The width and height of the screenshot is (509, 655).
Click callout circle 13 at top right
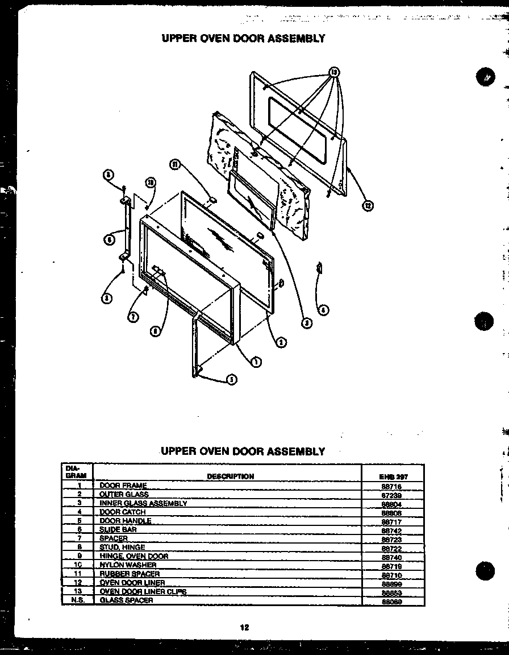click(335, 72)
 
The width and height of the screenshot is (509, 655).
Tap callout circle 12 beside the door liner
click(368, 206)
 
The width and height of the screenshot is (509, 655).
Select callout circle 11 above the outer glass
click(175, 165)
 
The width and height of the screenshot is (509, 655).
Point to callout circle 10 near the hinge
click(150, 183)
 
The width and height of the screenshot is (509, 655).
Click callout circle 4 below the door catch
click(323, 310)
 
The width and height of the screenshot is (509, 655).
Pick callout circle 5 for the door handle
click(232, 380)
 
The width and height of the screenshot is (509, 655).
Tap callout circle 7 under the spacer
click(132, 317)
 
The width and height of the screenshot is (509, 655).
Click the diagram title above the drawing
click(243, 38)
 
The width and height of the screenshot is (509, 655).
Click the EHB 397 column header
click(393, 477)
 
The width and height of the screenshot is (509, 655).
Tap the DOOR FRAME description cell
click(123, 486)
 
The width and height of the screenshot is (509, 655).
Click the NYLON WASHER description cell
click(128, 565)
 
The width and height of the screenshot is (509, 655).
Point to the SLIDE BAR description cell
click(118, 529)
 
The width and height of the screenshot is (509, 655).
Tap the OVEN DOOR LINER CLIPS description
click(143, 591)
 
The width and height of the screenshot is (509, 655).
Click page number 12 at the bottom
click(244, 628)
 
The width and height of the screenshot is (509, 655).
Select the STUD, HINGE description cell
click(122, 547)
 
